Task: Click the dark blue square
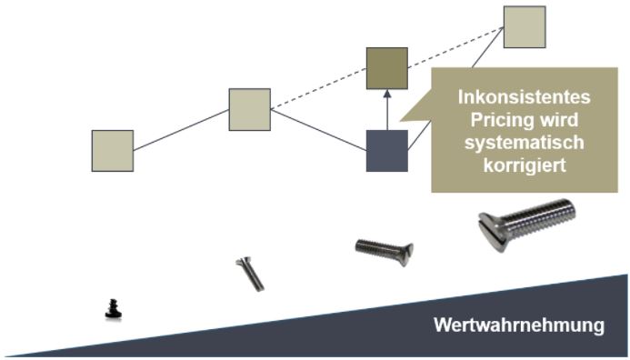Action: point(387,151)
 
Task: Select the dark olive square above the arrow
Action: point(387,68)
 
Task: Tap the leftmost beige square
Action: point(113,151)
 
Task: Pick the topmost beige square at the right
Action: point(525,27)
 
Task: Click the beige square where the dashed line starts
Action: point(249,109)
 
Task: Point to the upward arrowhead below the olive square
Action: point(387,94)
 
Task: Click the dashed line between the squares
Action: point(387,68)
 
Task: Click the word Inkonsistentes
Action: point(524,97)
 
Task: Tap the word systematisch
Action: point(524,143)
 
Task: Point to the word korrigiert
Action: point(525,165)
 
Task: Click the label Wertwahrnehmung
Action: point(519,325)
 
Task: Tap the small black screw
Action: point(114,309)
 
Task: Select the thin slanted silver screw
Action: point(250,274)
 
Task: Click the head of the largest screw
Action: point(492,232)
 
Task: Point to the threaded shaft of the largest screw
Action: point(538,218)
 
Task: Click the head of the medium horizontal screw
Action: point(405,254)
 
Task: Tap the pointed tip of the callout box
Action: point(399,120)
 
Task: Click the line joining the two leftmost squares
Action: point(181,130)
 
